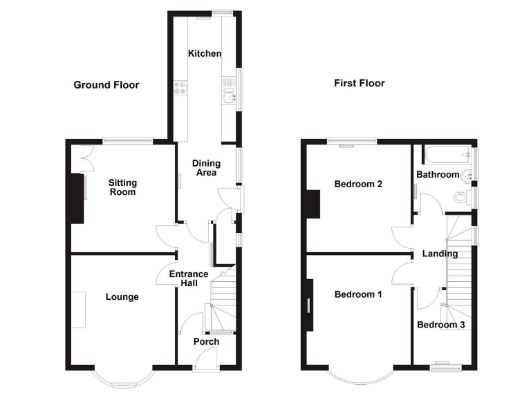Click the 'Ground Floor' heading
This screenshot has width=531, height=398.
point(106,85)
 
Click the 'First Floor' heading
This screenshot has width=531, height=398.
point(359,84)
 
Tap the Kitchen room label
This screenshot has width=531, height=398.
point(205,53)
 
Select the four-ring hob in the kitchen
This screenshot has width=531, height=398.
point(180,88)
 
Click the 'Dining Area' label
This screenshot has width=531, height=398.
point(206,168)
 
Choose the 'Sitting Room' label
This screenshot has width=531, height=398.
point(122,187)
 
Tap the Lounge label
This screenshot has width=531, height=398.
point(122,297)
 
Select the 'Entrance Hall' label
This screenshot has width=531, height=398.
point(189,279)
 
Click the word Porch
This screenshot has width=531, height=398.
point(206,341)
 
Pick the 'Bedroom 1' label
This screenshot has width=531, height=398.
point(358,294)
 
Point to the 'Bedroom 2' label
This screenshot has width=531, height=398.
point(358,184)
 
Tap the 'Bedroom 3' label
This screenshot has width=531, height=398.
point(440,325)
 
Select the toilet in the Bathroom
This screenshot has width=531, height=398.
point(459,198)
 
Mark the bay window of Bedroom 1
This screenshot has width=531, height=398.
point(357,377)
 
